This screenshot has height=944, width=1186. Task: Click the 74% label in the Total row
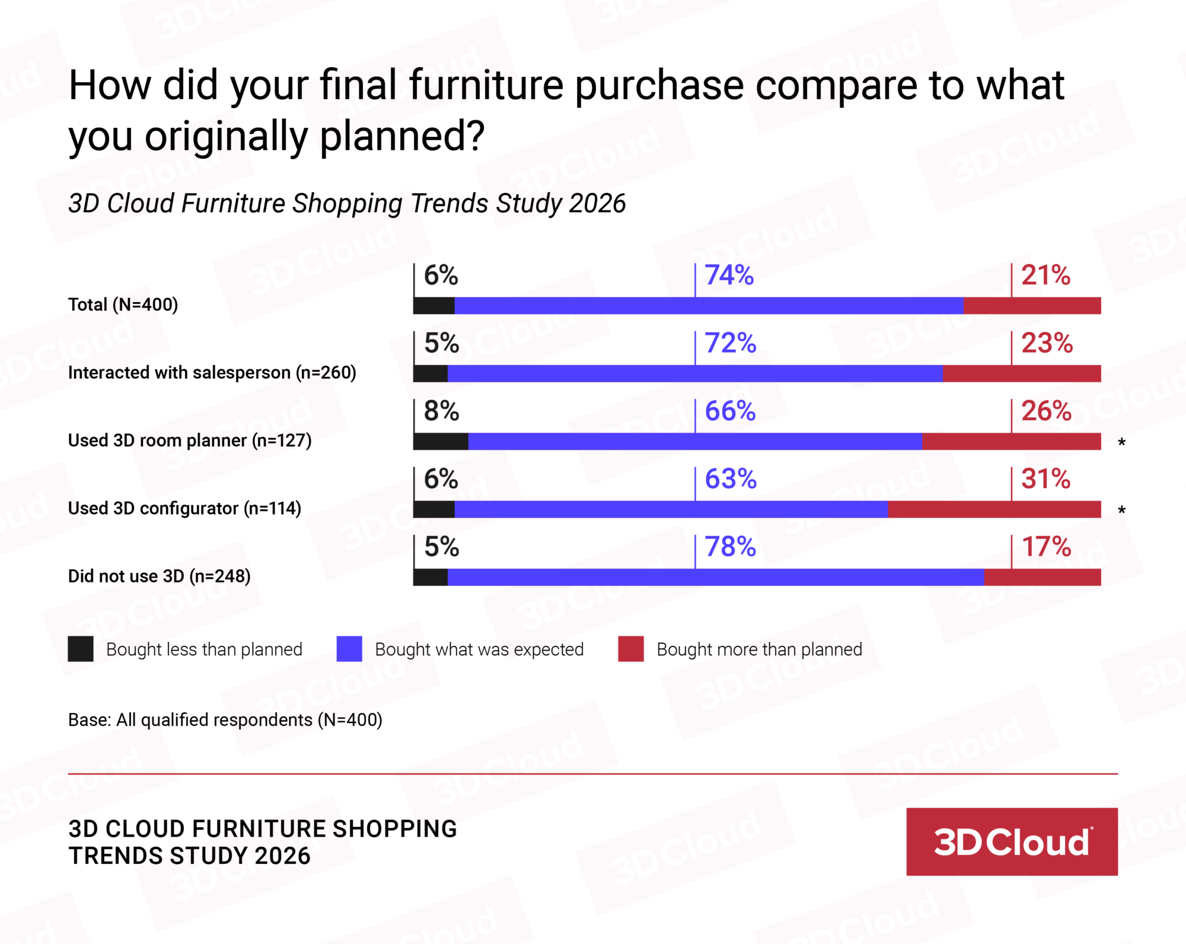729,276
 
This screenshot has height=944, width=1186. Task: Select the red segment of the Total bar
1032,306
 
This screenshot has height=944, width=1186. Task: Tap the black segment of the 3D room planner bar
441,441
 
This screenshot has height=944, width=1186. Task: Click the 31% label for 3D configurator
1045,479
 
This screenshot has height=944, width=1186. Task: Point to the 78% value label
730,547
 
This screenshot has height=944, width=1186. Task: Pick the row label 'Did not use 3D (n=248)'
159,576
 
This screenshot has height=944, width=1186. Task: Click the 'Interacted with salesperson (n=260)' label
212,373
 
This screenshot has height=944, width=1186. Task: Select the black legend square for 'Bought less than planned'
81,649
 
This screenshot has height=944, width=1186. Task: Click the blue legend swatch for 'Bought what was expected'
349,649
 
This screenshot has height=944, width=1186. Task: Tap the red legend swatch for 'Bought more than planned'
630,649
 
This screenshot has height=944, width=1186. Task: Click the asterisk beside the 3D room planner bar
1121,443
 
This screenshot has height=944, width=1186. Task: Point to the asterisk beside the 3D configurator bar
1121,510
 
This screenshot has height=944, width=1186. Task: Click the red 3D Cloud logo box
1012,841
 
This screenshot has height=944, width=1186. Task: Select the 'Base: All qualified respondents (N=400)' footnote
225,720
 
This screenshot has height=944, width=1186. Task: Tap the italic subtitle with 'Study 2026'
347,203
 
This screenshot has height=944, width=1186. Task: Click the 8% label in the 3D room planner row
441,411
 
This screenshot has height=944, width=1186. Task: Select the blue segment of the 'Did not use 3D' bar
715,577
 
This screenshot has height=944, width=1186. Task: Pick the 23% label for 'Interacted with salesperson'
1047,344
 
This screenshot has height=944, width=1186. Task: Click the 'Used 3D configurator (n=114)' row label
184,508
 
